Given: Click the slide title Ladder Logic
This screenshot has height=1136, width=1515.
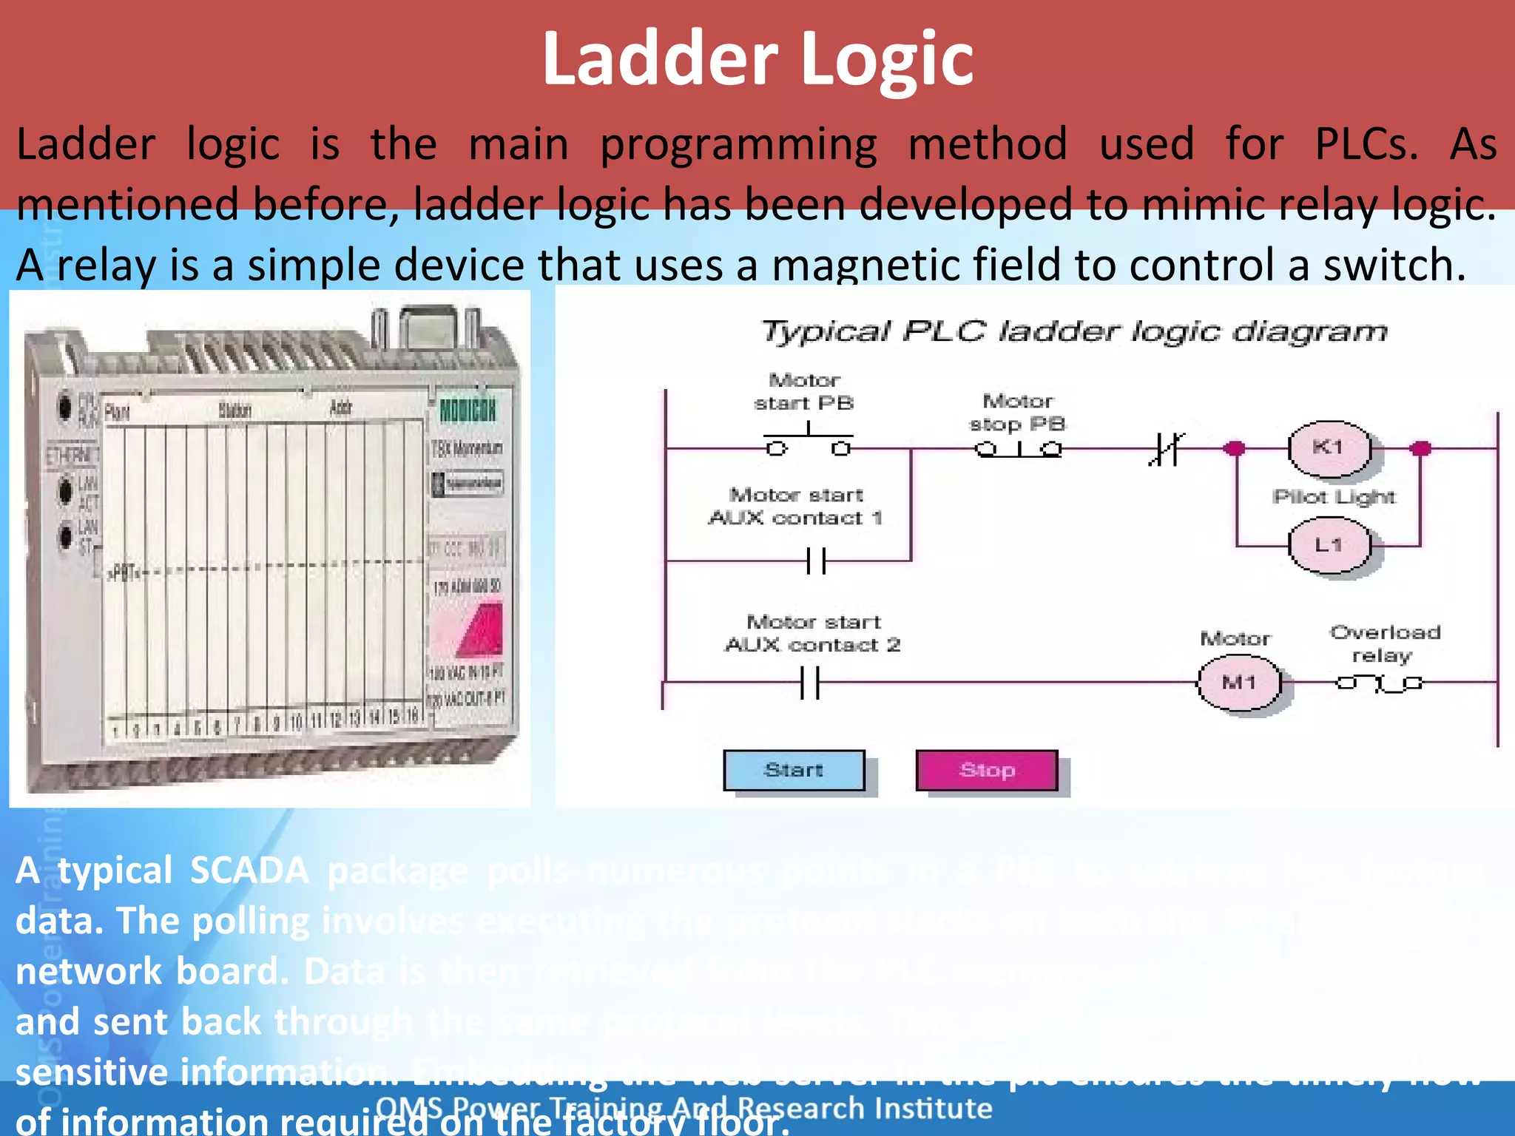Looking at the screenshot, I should tap(757, 59).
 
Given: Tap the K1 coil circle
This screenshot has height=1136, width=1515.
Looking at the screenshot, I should tap(1329, 448).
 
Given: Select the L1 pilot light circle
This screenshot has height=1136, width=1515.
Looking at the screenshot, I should tap(1329, 546).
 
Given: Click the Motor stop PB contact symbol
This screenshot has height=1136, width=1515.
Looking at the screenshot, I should tap(1019, 449).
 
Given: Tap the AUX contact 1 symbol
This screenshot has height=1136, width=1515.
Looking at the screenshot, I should tap(817, 561).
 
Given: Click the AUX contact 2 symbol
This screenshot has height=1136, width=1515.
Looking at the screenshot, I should tap(811, 683).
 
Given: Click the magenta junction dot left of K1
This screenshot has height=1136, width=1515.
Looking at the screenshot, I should tap(1234, 448).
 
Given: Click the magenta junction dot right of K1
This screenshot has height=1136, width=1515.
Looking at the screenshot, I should tap(1420, 448).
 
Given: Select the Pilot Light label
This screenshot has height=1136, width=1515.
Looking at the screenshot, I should tap(1334, 497).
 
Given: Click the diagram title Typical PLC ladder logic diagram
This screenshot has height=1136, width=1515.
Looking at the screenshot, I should tap(1074, 332).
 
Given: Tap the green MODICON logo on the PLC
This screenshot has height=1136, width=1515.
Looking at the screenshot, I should tap(468, 410).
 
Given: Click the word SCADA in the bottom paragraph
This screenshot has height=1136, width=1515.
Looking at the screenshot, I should tap(249, 870).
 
